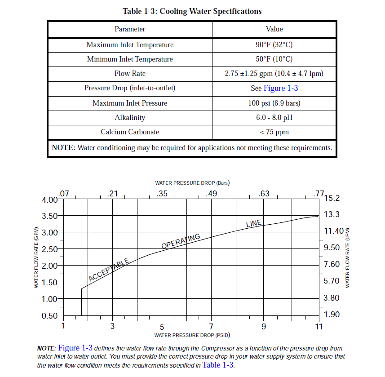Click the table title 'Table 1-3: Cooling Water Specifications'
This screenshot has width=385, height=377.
point(192,11)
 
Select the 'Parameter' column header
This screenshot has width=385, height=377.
point(130,29)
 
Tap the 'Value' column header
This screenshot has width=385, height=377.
point(274,29)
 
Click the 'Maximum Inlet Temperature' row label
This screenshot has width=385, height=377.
point(130,45)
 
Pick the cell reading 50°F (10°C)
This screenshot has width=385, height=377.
point(274,59)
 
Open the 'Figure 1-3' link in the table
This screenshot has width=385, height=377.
point(280,88)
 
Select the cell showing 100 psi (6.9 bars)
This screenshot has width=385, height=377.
point(274,103)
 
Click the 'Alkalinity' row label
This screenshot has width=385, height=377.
point(130,118)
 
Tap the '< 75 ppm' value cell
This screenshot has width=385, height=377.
point(274,132)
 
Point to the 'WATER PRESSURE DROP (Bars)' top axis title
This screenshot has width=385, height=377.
point(192,183)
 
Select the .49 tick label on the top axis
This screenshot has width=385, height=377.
point(211,194)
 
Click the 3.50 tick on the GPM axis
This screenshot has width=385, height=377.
point(49,216)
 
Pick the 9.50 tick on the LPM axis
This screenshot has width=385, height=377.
point(332,248)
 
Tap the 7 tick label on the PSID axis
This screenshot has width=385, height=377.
point(211,326)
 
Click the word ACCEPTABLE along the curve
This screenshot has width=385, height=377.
point(109,270)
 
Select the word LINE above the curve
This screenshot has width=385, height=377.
point(254,223)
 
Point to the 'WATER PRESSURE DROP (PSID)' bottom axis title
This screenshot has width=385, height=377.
point(192,335)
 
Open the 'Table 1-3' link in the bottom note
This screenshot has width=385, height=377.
point(218,365)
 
